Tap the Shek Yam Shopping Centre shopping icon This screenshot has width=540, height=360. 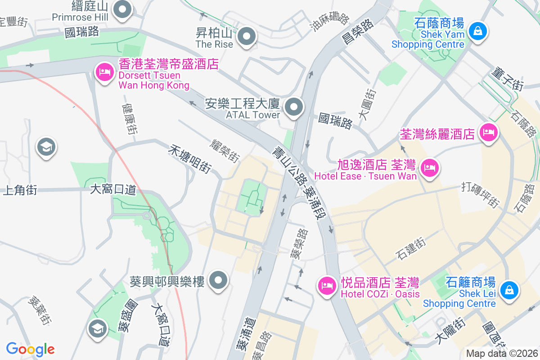(476, 31)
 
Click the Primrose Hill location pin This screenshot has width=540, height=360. (122, 10)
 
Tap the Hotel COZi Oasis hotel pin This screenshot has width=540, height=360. (327, 286)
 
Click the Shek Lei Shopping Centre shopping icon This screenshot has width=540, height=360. (509, 290)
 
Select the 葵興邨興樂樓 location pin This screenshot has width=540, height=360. (219, 280)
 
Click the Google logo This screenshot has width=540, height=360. (31, 349)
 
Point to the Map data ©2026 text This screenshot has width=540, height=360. (502, 353)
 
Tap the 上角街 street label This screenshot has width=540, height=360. (20, 190)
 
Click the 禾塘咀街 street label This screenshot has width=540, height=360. (190, 159)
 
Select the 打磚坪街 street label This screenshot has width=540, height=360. (481, 195)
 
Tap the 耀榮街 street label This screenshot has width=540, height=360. (225, 150)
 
